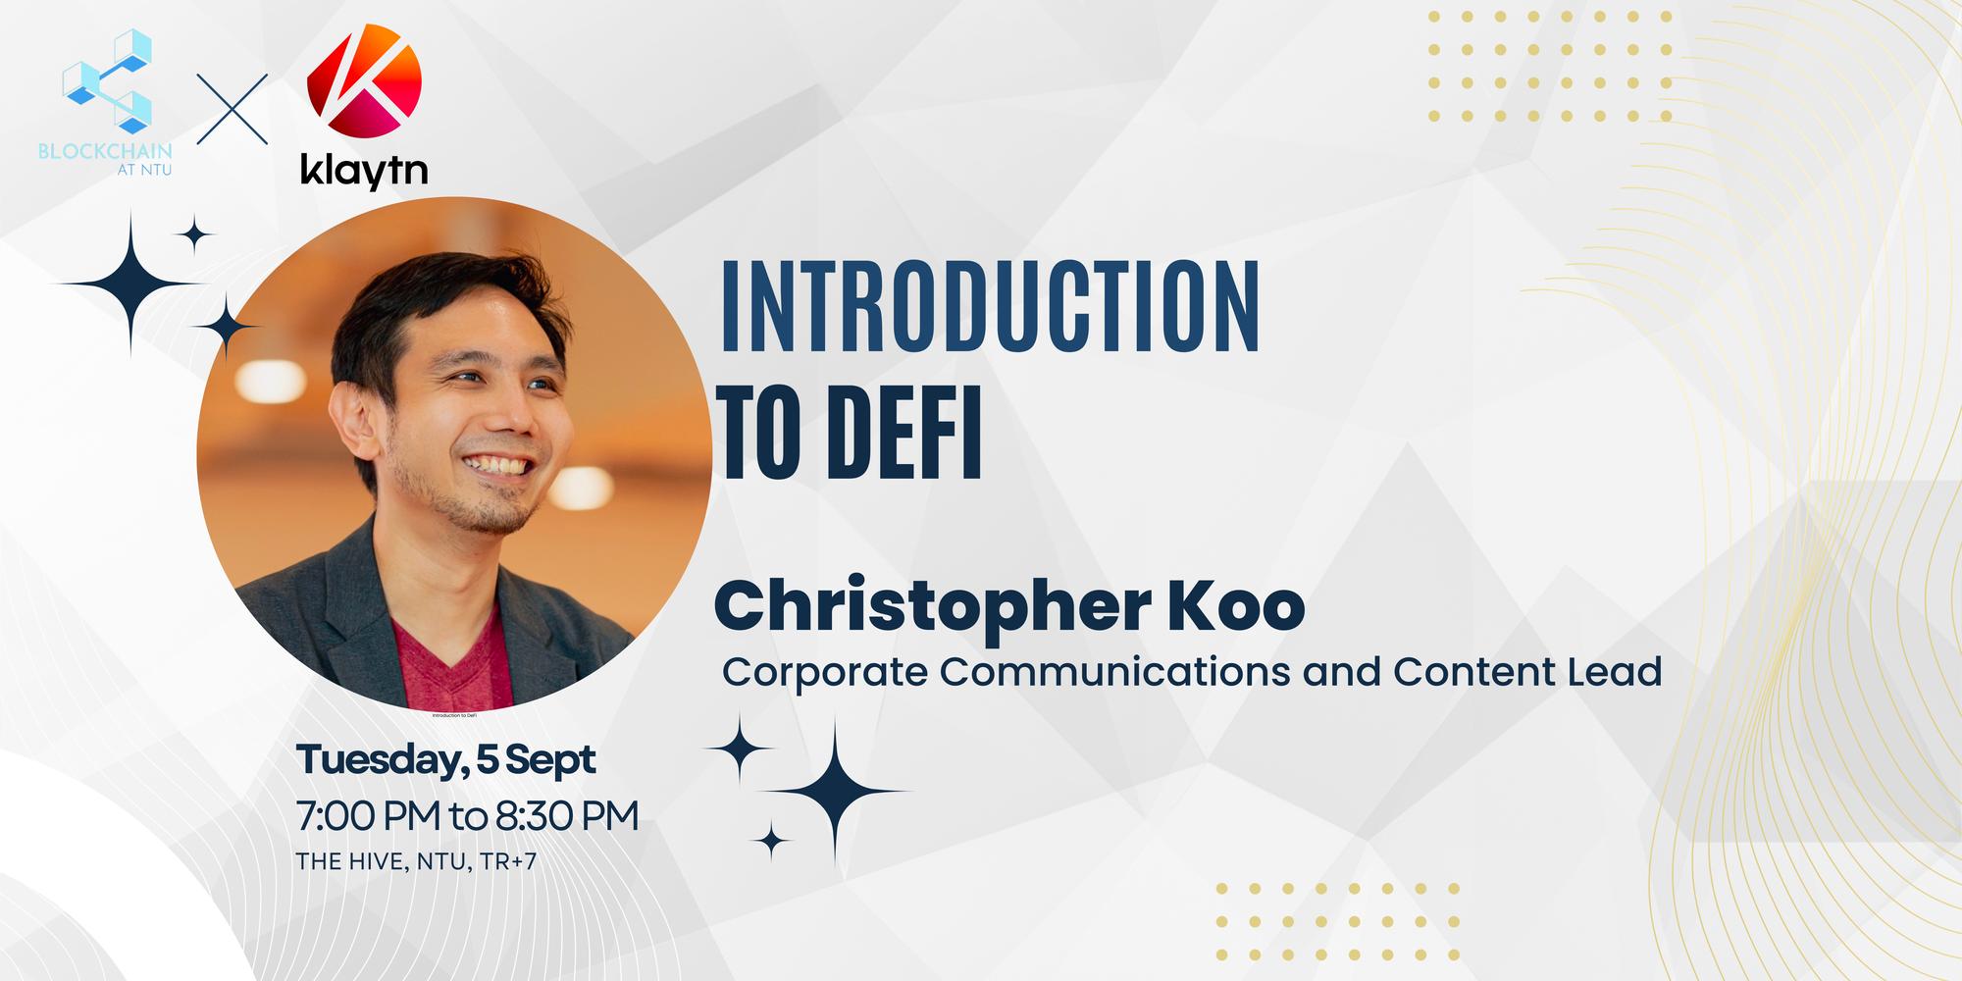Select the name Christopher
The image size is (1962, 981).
(926, 607)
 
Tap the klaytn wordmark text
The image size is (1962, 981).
(364, 170)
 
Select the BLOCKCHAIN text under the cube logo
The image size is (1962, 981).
(105, 152)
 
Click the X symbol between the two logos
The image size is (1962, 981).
(232, 109)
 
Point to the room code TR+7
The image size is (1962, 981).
(509, 862)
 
